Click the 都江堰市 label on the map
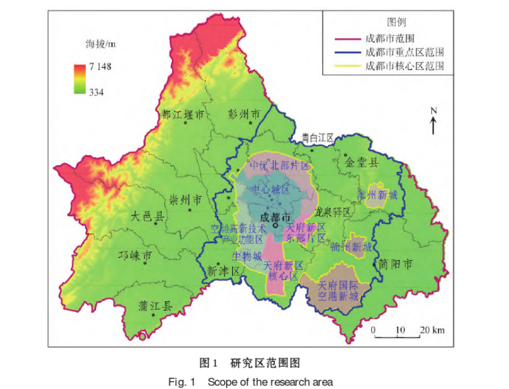(183, 114)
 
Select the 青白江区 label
(317, 138)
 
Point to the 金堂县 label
(361, 163)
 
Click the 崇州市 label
(185, 200)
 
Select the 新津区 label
(223, 270)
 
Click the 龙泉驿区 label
(331, 212)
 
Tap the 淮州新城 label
(377, 195)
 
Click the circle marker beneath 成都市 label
(276, 225)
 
